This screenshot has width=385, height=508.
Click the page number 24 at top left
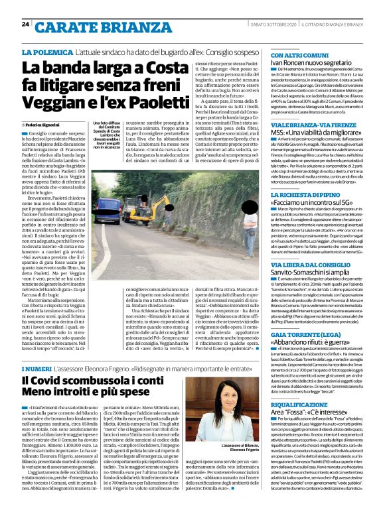pyautogui.click(x=25, y=24)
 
